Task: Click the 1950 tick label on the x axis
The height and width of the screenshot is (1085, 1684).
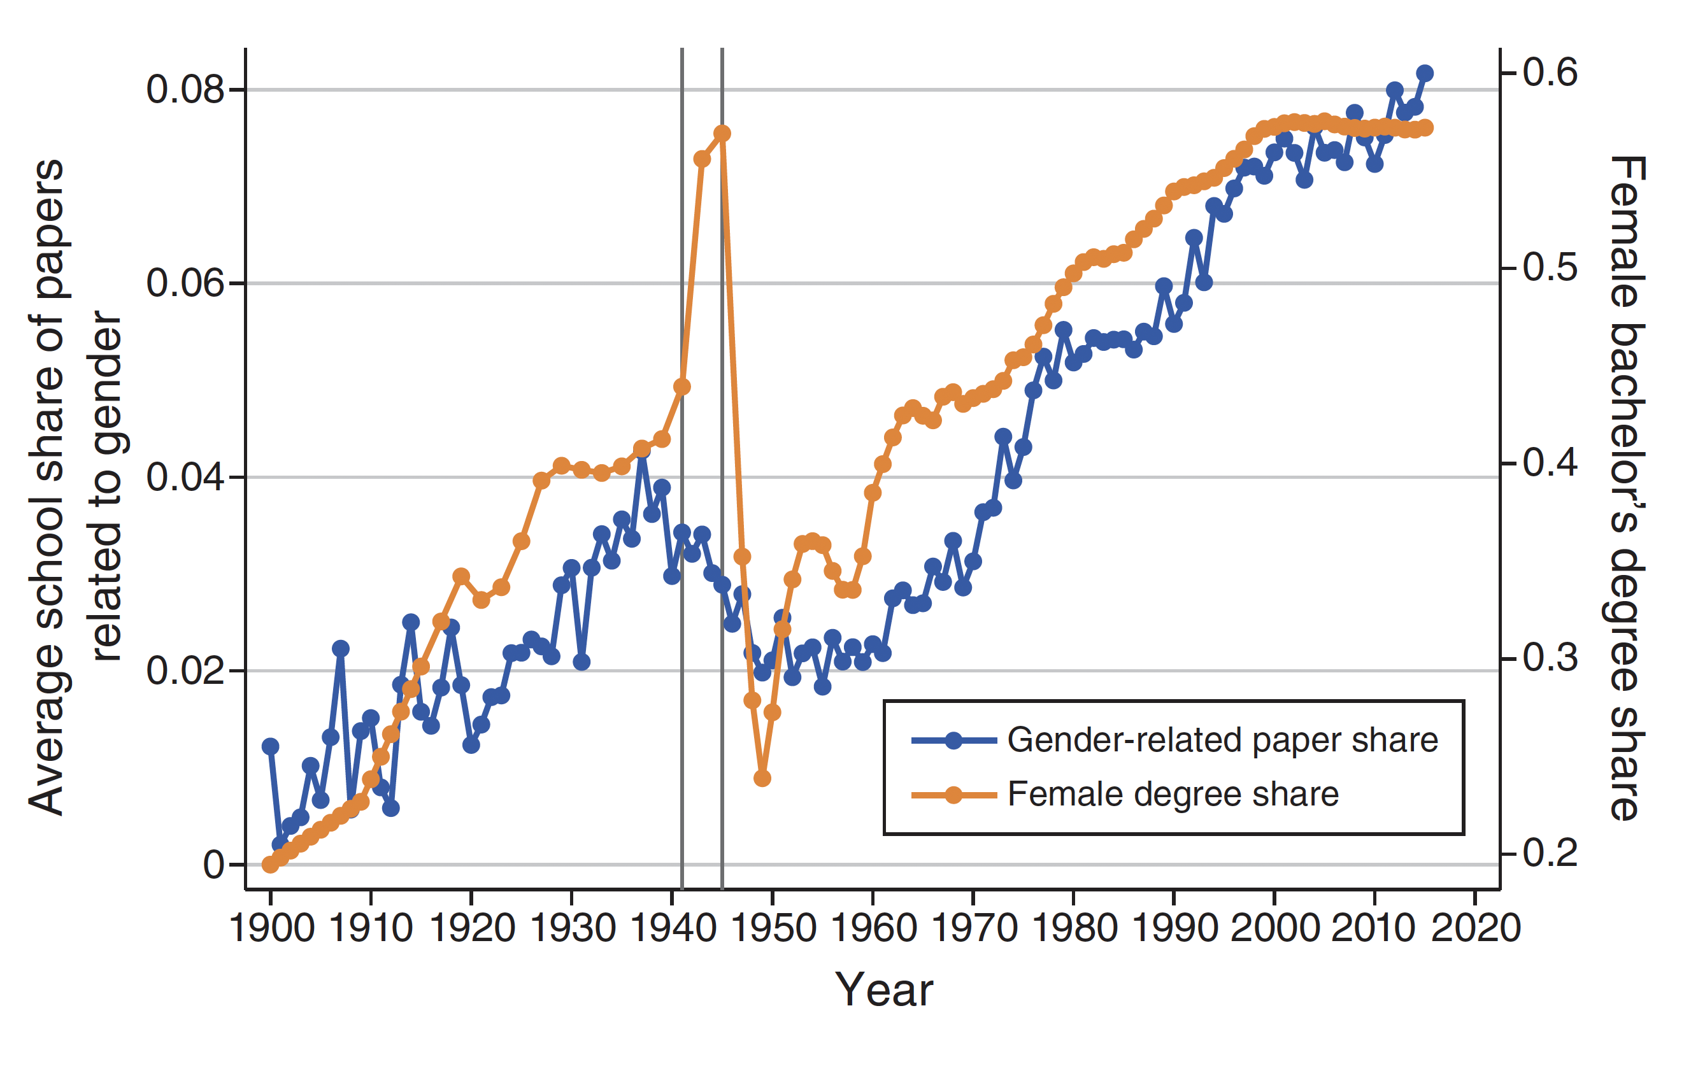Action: [x=773, y=928]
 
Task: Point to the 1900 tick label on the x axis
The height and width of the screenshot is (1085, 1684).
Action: [x=271, y=928]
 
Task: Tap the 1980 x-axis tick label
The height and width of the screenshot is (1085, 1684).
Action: [x=1074, y=928]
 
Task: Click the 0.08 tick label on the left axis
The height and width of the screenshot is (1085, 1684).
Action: [x=185, y=90]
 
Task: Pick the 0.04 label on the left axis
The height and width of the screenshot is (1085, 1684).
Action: [x=185, y=477]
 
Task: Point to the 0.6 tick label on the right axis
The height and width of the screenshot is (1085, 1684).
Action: [x=1550, y=72]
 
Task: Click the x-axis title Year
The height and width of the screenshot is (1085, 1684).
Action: [x=883, y=990]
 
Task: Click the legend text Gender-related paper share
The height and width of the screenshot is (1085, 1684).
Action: [x=1222, y=741]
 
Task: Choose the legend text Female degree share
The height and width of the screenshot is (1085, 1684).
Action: [x=1173, y=795]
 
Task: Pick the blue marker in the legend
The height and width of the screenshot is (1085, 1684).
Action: [x=953, y=741]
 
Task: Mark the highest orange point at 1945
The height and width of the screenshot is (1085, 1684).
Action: [x=722, y=133]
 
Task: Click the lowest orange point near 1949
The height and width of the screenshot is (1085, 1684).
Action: [x=762, y=779]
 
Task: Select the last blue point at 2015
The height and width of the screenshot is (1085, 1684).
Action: [x=1425, y=73]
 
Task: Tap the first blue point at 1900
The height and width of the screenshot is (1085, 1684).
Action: [x=271, y=746]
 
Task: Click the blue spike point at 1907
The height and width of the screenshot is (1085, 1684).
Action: [x=341, y=649]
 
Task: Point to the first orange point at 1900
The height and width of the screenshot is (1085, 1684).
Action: [x=271, y=865]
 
